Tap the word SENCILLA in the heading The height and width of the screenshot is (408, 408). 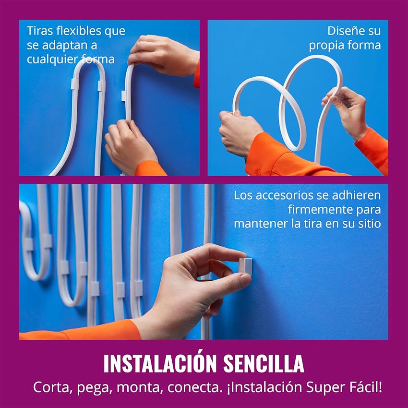[264, 363]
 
